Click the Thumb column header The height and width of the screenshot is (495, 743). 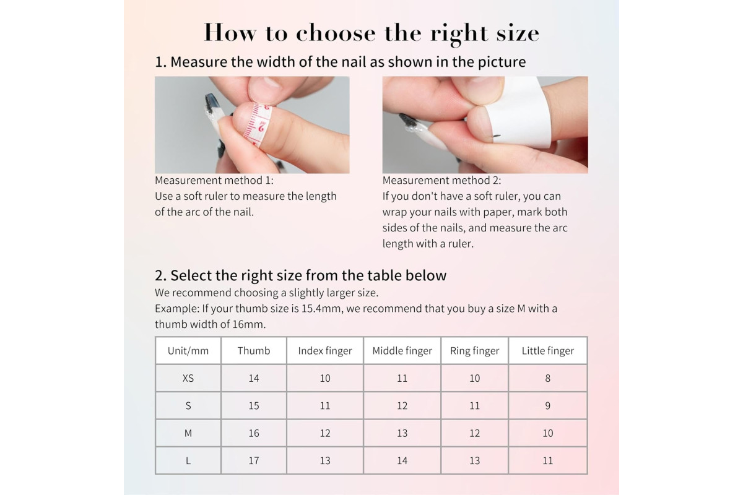point(254,351)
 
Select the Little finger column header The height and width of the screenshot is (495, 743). point(547,351)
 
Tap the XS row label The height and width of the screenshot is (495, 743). point(188,378)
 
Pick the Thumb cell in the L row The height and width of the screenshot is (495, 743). point(254,460)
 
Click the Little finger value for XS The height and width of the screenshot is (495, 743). point(547,378)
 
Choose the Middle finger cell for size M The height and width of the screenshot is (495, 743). point(402,433)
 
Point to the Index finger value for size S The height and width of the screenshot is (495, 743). point(325,406)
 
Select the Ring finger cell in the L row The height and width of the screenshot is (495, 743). point(475,460)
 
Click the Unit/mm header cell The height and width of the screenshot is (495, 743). point(188,351)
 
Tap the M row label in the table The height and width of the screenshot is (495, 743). point(188,433)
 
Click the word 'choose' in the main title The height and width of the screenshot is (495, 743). point(336,33)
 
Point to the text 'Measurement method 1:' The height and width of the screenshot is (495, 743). point(214,180)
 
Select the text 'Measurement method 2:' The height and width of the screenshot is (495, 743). point(442,180)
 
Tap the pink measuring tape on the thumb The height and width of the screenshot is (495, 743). point(258,124)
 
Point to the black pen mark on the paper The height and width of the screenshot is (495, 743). point(497,135)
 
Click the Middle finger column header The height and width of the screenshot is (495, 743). point(402,351)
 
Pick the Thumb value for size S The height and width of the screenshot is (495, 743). point(254,406)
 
